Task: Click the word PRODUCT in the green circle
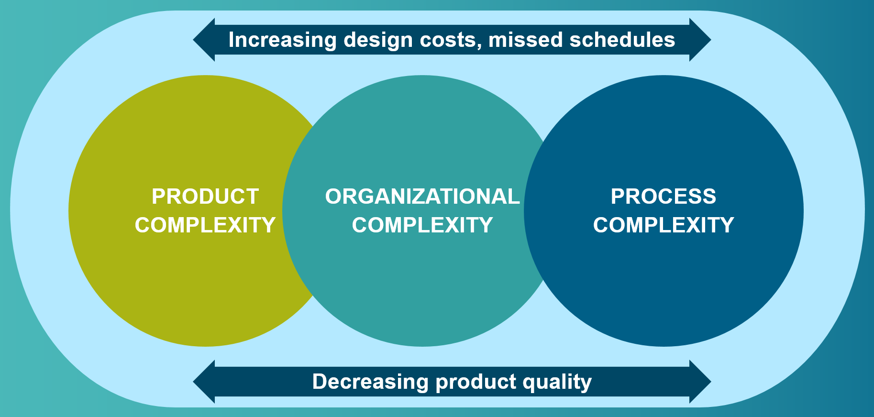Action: [205, 197]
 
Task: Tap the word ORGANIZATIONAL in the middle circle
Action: [422, 197]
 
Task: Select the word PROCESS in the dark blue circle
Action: [664, 197]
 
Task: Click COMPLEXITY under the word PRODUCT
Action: [205, 225]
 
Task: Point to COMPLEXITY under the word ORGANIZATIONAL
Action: [422, 225]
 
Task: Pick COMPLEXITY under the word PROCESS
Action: [664, 225]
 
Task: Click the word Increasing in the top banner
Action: [283, 40]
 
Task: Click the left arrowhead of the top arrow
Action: [204, 40]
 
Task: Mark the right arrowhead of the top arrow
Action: [700, 40]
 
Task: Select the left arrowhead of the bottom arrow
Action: [204, 382]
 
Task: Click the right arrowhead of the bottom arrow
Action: [700, 382]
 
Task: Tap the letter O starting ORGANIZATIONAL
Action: [334, 197]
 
